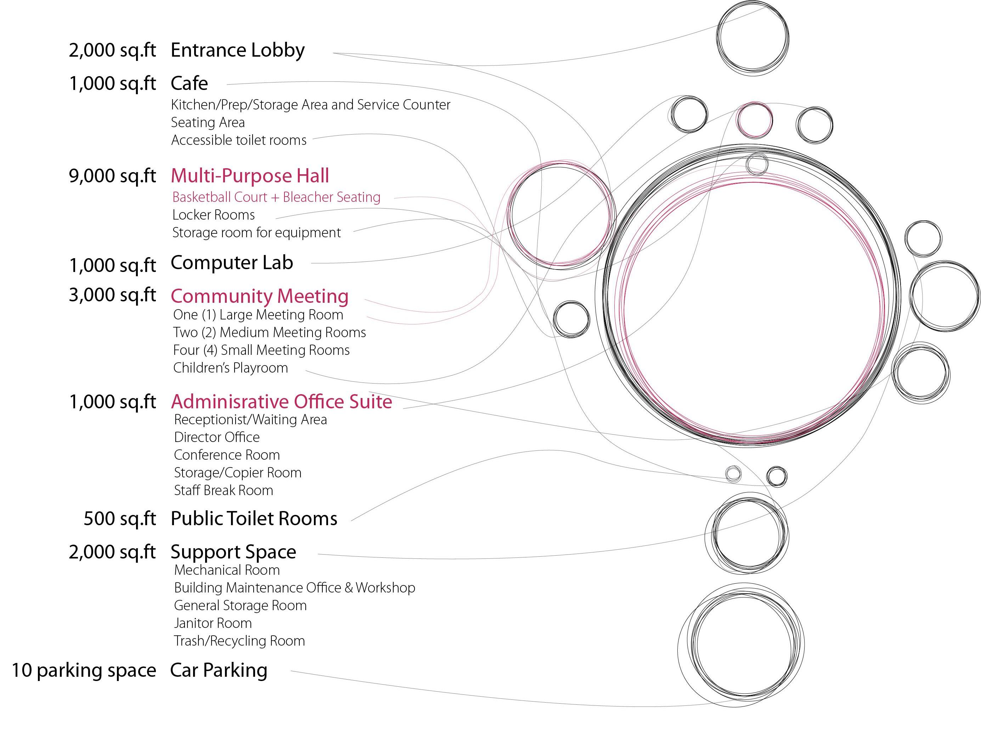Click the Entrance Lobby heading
click(x=238, y=50)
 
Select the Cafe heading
click(x=189, y=83)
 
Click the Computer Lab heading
click(x=232, y=262)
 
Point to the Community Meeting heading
click(x=260, y=296)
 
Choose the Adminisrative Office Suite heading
click(x=282, y=402)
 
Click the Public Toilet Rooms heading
click(x=254, y=518)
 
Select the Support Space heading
click(x=233, y=552)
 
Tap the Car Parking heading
click(x=219, y=670)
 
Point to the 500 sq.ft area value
click(x=120, y=518)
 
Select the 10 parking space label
click(x=84, y=670)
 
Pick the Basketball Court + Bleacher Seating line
click(x=276, y=197)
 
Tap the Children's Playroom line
click(x=231, y=368)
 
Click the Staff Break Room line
click(x=224, y=490)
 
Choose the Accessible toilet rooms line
click(x=239, y=140)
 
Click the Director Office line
click(x=217, y=437)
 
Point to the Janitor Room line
click(x=213, y=623)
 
